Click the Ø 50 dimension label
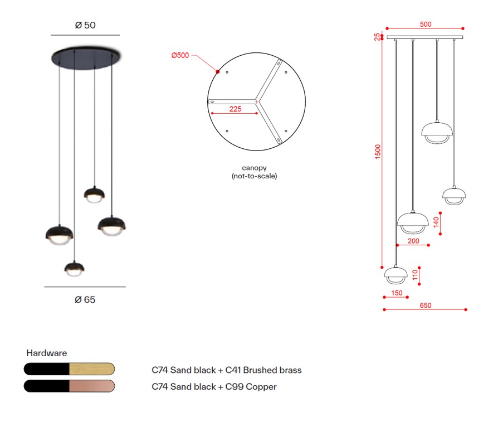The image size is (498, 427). tap(85, 25)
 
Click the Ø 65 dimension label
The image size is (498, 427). tap(85, 299)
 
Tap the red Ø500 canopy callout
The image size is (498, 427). tap(180, 55)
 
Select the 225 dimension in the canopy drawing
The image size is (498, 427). tap(235, 109)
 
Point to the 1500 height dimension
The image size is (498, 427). tap(378, 152)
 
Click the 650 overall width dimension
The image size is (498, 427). tap(426, 305)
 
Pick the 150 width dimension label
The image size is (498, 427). tap(397, 293)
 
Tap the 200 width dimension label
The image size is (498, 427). tap(413, 241)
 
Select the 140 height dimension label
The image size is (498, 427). tap(436, 222)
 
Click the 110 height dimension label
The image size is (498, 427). tap(415, 275)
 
